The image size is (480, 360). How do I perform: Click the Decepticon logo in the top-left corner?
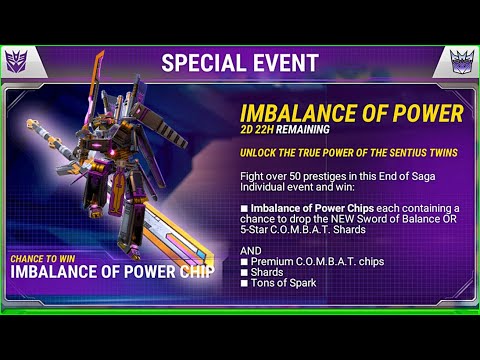[x=19, y=62]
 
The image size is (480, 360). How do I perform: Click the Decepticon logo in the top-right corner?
[x=461, y=62]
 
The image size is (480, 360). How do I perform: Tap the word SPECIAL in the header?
[x=204, y=62]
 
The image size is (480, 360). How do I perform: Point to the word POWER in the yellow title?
[x=425, y=111]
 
